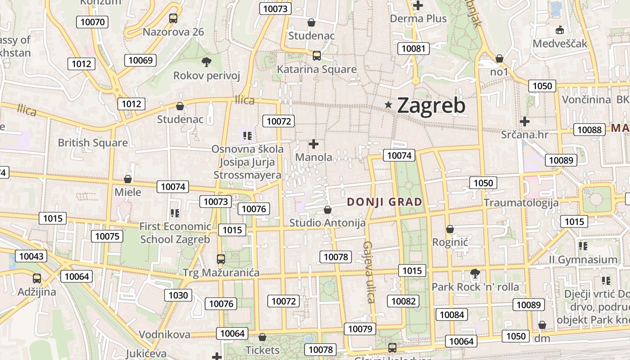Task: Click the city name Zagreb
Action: [431, 105]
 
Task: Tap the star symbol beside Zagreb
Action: [388, 105]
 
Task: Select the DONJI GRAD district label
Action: [385, 202]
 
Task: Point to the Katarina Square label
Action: [316, 69]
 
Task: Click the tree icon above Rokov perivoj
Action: [207, 62]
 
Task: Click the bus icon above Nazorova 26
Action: [173, 18]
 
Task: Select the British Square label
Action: [93, 143]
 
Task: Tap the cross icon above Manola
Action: [314, 144]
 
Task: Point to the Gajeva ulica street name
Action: [369, 272]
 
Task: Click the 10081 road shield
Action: [413, 49]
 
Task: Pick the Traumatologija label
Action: [521, 202]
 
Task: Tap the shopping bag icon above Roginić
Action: [450, 229]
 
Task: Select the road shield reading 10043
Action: [31, 256]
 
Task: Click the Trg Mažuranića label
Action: [221, 272]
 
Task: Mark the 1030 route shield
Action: [178, 295]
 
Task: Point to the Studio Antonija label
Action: [327, 222]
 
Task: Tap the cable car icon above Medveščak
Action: [560, 30]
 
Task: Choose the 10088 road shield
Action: [589, 130]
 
